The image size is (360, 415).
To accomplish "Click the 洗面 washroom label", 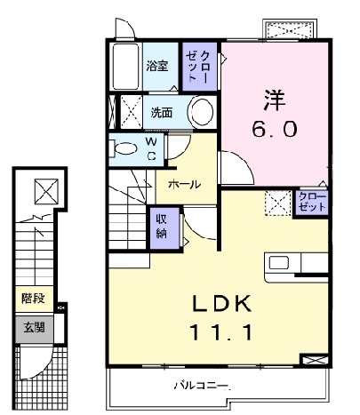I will click(161, 113).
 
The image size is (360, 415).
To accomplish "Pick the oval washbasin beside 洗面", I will click(202, 113).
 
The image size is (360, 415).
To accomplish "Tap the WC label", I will click(151, 148).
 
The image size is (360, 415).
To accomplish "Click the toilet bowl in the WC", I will click(126, 148).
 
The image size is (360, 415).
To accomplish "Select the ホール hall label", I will click(183, 184).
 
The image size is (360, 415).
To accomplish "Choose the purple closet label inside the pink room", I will click(311, 201).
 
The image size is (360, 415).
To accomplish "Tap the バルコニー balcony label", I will click(203, 387).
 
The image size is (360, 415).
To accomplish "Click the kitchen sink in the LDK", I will click(280, 263).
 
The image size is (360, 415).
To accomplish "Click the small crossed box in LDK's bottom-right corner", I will click(315, 361).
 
